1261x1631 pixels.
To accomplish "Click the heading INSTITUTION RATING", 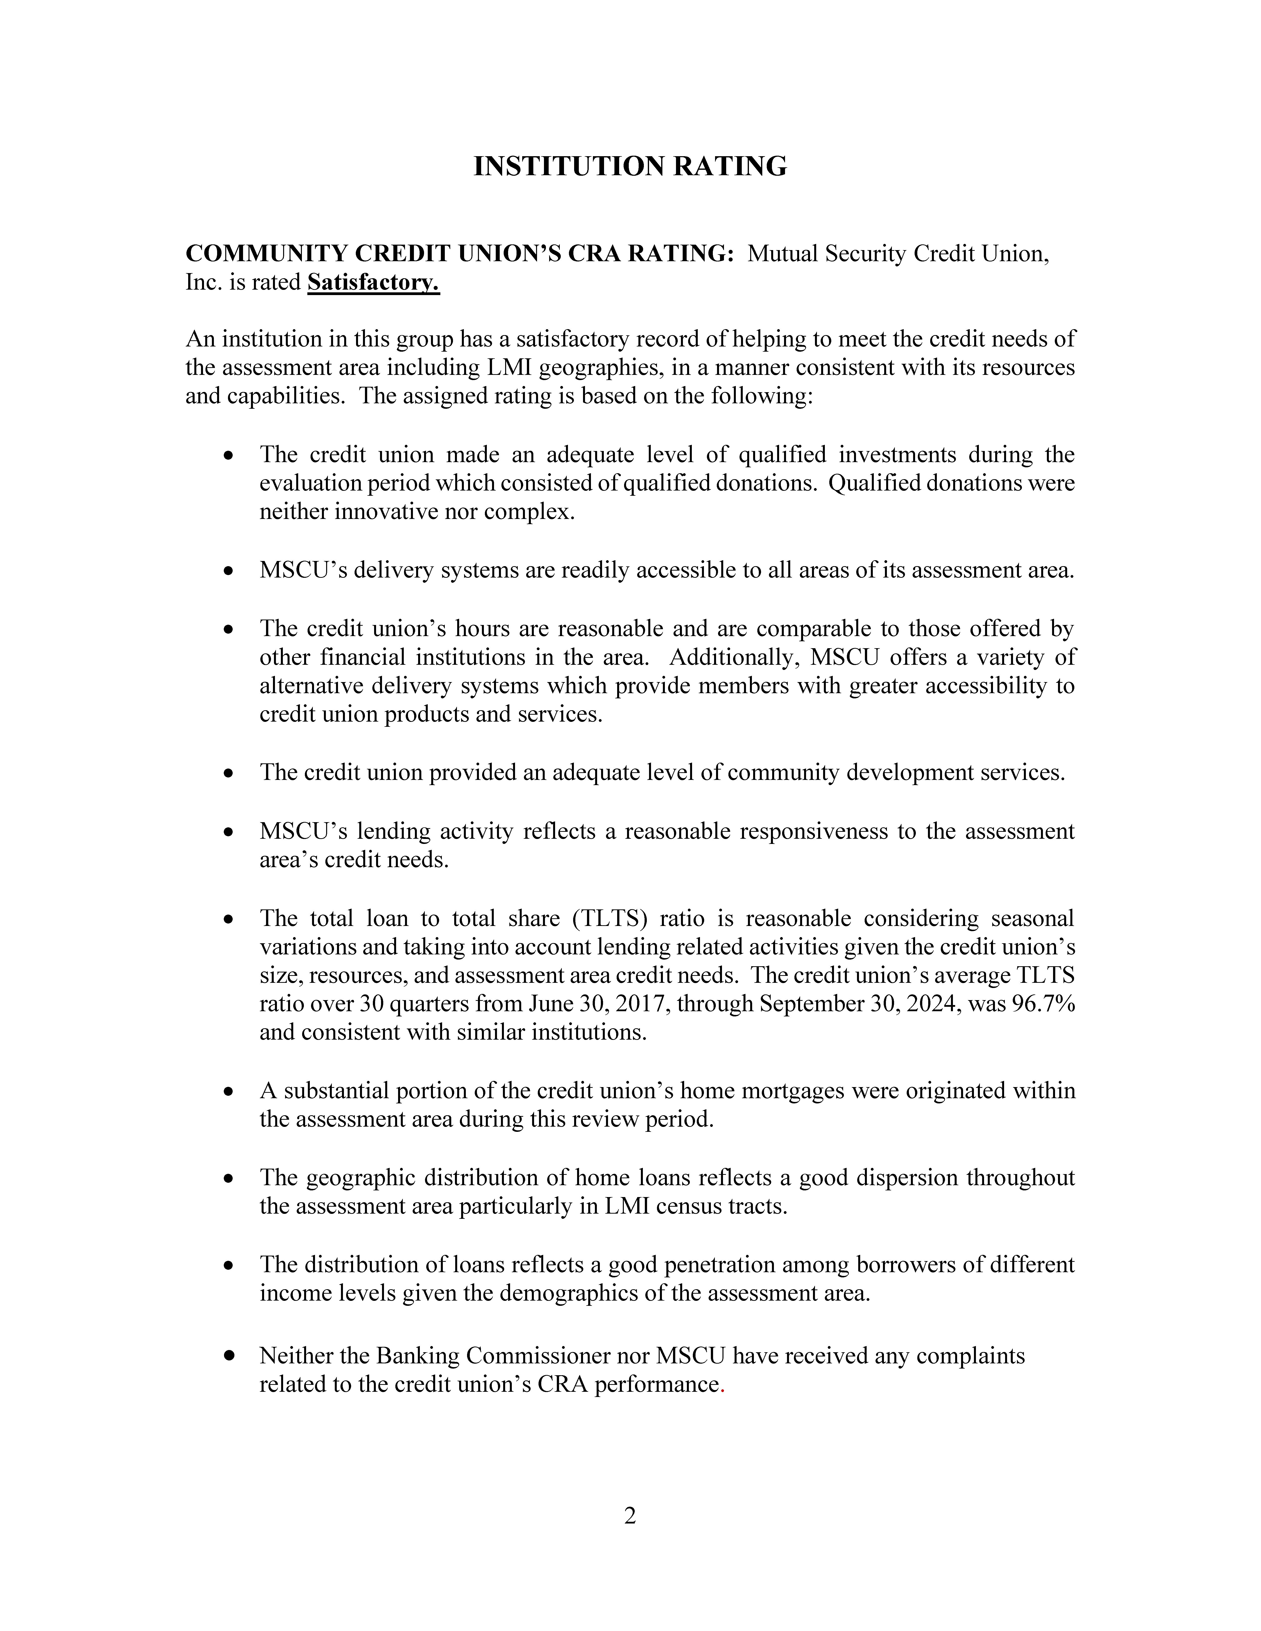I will (x=630, y=166).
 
